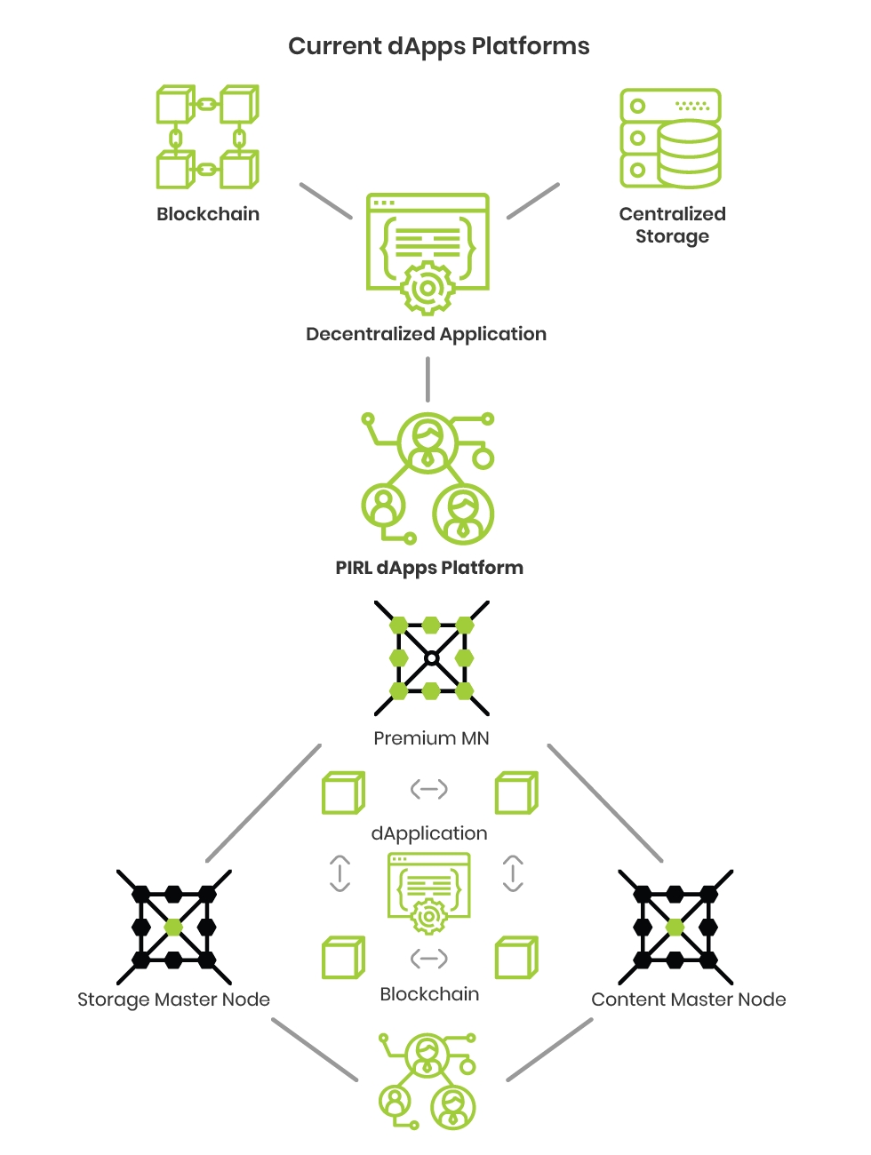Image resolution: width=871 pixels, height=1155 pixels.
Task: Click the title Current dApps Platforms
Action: pyautogui.click(x=438, y=46)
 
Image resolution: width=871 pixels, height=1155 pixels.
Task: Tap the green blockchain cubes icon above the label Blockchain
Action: pyautogui.click(x=207, y=137)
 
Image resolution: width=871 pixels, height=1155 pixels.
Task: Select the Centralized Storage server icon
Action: pyautogui.click(x=670, y=138)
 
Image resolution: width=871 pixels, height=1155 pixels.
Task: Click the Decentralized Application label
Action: pyautogui.click(x=426, y=334)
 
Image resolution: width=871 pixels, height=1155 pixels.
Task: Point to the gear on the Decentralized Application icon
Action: pyautogui.click(x=428, y=288)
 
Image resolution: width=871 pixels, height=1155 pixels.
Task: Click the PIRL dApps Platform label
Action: pyautogui.click(x=429, y=568)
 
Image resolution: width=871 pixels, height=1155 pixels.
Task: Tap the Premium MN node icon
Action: pyautogui.click(x=431, y=658)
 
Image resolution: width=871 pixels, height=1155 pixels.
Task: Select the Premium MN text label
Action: pyautogui.click(x=431, y=738)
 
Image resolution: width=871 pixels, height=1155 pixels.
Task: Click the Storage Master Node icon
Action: pyautogui.click(x=173, y=927)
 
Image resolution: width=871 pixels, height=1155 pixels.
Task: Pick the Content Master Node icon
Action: pyautogui.click(x=675, y=927)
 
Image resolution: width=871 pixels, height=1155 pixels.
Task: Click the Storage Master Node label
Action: pyautogui.click(x=173, y=1000)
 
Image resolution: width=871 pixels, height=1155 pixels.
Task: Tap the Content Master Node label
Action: pyautogui.click(x=688, y=1000)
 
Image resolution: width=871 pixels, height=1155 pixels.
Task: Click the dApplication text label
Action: pyautogui.click(x=429, y=833)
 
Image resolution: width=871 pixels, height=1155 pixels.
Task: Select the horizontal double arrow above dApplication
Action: pyautogui.click(x=428, y=789)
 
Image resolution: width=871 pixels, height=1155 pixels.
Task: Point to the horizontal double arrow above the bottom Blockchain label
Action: pyautogui.click(x=428, y=959)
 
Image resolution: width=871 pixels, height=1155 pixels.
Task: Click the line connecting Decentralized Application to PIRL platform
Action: pyautogui.click(x=428, y=379)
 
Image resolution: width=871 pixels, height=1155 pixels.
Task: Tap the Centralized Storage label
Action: pyautogui.click(x=672, y=225)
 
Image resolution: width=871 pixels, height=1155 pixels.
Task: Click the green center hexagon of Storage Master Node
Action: pyautogui.click(x=173, y=927)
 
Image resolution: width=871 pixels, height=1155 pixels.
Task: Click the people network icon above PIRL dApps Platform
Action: pyautogui.click(x=428, y=478)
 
